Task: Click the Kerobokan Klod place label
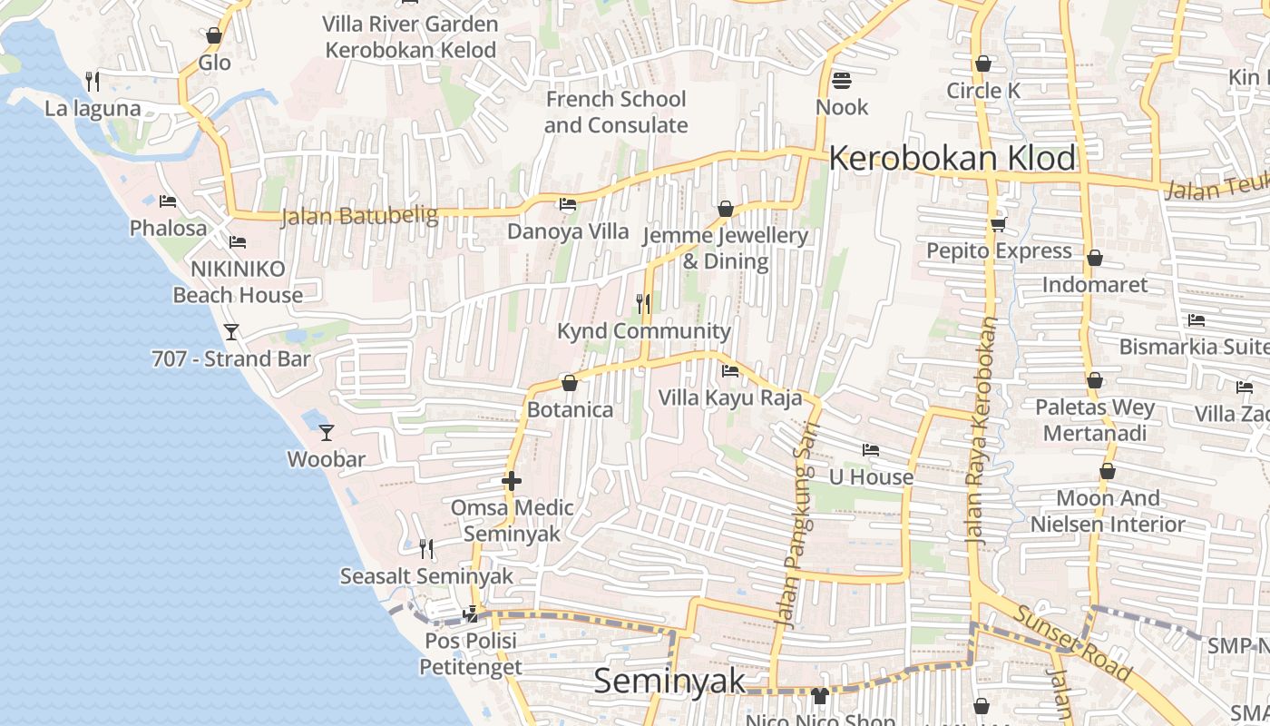point(952,158)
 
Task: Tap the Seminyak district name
point(669,681)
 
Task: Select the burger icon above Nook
point(841,81)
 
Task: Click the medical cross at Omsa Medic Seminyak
point(512,481)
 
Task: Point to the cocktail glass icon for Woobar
point(327,433)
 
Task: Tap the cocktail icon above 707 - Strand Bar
point(231,332)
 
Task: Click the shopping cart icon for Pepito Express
point(998,224)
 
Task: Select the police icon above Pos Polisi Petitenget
point(470,614)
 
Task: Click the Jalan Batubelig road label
point(359,216)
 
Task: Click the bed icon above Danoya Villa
point(568,204)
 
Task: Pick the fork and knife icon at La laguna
point(93,82)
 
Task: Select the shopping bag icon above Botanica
point(570,384)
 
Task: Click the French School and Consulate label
point(616,112)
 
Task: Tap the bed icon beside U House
point(871,450)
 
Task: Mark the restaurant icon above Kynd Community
point(643,304)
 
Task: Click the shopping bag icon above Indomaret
point(1095,259)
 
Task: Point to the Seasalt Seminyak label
point(426,576)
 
